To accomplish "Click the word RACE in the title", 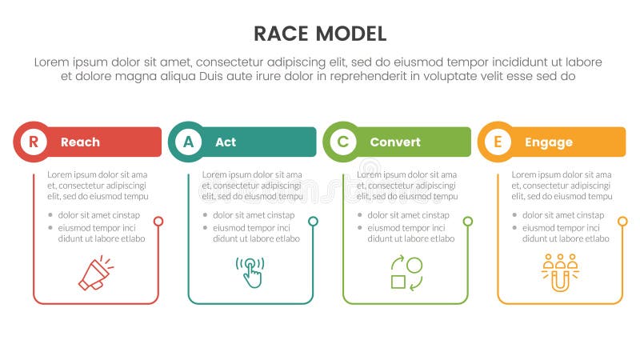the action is (282, 34).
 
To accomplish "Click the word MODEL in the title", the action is (351, 34).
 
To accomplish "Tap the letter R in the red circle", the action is (33, 142).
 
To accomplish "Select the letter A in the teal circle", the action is (188, 142).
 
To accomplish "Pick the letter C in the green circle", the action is (342, 142).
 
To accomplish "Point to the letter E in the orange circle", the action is (498, 142).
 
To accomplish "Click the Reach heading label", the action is (80, 142).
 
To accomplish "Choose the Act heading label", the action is (226, 142).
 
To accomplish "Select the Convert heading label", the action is (394, 142).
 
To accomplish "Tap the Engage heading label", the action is (548, 142).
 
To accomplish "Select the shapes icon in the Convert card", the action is (406, 272).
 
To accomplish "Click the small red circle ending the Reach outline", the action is (158, 221).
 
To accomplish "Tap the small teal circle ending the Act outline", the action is (313, 221).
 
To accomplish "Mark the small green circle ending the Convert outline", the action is (468, 221).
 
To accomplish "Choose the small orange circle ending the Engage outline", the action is (622, 221).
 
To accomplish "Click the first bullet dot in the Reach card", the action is (51, 215).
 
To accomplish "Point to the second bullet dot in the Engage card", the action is (516, 228).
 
